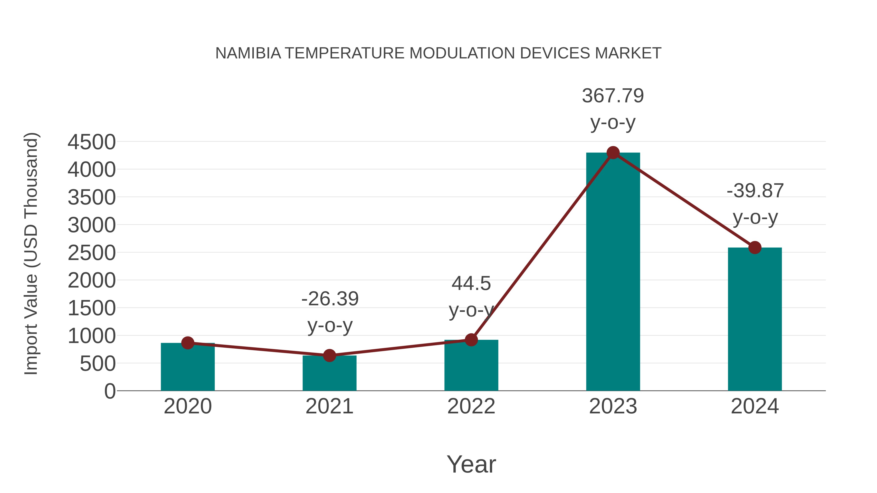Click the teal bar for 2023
pyautogui.click(x=613, y=272)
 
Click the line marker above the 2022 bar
pyautogui.click(x=471, y=340)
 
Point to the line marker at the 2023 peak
pyautogui.click(x=613, y=153)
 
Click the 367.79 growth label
pyautogui.click(x=613, y=96)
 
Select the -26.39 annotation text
pyautogui.click(x=330, y=299)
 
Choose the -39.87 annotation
pyautogui.click(x=755, y=191)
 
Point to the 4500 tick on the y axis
pyautogui.click(x=92, y=142)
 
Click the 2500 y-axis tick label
pyautogui.click(x=92, y=253)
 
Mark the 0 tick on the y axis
pyautogui.click(x=110, y=391)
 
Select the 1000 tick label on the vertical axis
pyautogui.click(x=92, y=336)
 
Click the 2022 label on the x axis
pyautogui.click(x=471, y=406)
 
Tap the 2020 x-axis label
pyautogui.click(x=188, y=406)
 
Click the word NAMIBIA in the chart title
pyautogui.click(x=248, y=53)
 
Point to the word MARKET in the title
pyautogui.click(x=628, y=53)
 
